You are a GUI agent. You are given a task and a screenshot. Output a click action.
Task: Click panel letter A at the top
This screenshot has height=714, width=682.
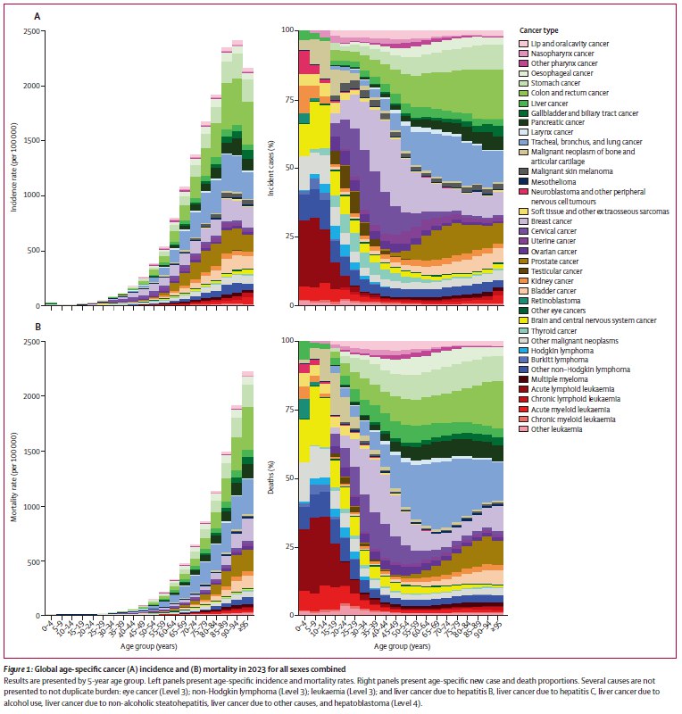click(x=37, y=15)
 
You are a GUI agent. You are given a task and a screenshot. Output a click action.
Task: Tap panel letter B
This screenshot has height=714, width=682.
click(x=37, y=327)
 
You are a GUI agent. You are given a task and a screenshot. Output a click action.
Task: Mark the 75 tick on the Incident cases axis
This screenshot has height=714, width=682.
click(x=287, y=100)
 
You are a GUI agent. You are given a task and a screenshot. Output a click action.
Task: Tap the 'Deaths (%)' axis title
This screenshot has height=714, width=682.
click(x=271, y=478)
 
